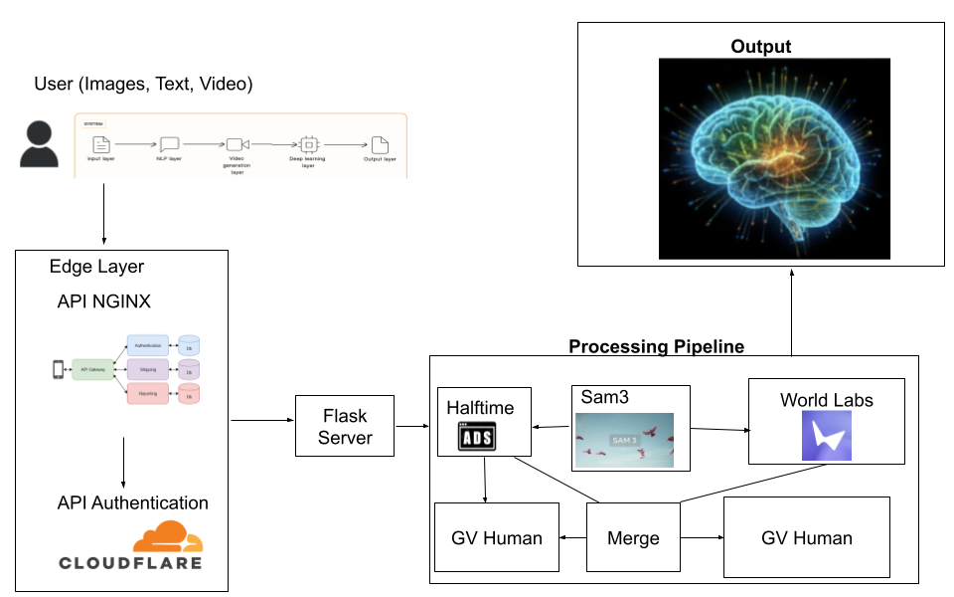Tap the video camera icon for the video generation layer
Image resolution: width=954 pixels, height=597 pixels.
click(236, 144)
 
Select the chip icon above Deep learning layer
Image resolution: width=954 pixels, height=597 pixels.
click(308, 144)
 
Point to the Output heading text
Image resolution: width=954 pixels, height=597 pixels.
click(760, 47)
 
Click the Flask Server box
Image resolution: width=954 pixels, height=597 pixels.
click(345, 426)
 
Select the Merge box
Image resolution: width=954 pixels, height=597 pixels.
click(633, 537)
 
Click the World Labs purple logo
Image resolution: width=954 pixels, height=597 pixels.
click(826, 436)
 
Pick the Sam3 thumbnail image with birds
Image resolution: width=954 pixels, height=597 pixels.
click(624, 441)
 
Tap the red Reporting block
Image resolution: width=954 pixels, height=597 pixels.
click(147, 395)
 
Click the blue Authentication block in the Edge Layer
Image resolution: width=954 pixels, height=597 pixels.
click(147, 345)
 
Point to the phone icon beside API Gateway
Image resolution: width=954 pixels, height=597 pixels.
click(58, 370)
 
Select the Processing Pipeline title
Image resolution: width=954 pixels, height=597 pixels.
click(656, 346)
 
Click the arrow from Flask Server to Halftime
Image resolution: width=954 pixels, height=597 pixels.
click(416, 426)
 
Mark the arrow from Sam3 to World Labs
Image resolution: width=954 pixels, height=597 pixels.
click(718, 429)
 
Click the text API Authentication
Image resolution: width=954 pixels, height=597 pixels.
click(133, 503)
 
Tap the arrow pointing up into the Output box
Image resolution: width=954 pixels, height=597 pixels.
click(792, 308)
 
